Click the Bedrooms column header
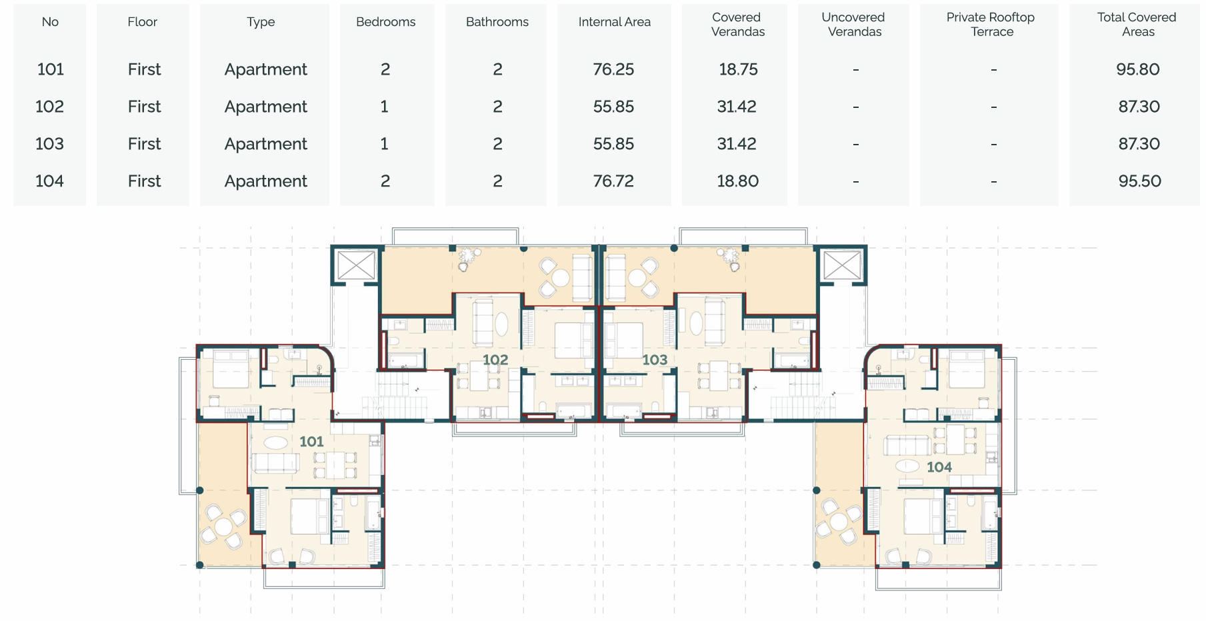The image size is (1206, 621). tap(385, 22)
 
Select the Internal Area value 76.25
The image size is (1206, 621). tap(613, 69)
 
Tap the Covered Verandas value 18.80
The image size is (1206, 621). tap(737, 181)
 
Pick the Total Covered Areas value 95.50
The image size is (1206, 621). tap(1139, 181)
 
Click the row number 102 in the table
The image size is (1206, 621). tap(50, 107)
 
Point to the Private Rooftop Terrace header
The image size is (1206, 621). tap(991, 25)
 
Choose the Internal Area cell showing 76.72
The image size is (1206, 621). tap(613, 181)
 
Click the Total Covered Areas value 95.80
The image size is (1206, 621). tap(1138, 69)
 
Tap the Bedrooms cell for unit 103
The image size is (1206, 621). tap(385, 144)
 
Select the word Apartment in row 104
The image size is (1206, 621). tap(266, 181)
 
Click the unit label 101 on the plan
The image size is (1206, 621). tap(311, 441)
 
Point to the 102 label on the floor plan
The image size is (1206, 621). tap(495, 360)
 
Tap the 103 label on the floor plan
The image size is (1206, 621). tap(655, 360)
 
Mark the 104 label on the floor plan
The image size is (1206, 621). tap(939, 467)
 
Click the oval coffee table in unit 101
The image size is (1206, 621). tap(277, 442)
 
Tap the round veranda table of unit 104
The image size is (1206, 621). tap(839, 522)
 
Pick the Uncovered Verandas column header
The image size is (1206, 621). tap(853, 25)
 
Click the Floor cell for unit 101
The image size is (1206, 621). tap(144, 69)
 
